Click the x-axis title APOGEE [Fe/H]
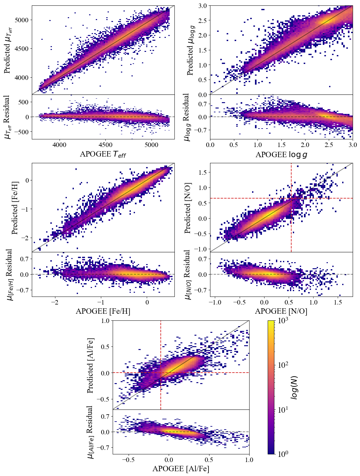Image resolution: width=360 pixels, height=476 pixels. click(103, 311)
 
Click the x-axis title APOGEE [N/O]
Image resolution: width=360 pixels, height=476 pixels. click(281, 311)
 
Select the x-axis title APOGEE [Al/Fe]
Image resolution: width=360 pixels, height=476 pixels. click(181, 469)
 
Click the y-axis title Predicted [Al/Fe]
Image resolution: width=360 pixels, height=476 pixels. click(90, 365)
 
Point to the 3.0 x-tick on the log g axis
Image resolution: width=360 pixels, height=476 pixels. click(352, 145)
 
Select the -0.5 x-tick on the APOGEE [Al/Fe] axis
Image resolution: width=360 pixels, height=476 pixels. click(129, 460)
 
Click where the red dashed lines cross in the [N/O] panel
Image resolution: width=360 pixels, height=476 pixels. click(291, 198)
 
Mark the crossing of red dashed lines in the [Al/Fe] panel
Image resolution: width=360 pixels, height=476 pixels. click(161, 373)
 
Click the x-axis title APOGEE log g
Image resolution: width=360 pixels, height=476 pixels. click(281, 155)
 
